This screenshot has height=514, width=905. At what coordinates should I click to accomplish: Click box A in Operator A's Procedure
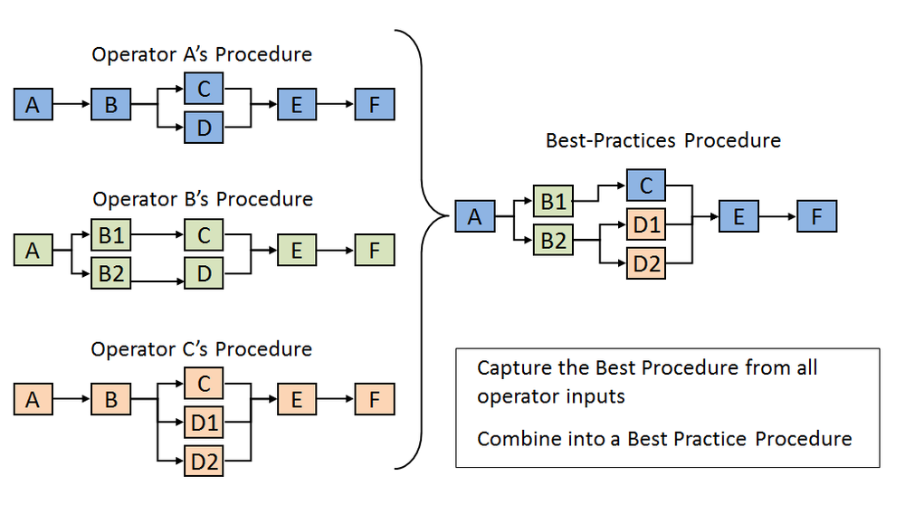click(x=33, y=106)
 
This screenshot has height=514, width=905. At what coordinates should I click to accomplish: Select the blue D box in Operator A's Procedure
click(x=204, y=128)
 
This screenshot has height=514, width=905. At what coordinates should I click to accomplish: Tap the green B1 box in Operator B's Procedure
click(x=110, y=236)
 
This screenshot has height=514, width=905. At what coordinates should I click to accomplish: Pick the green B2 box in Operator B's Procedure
click(x=110, y=273)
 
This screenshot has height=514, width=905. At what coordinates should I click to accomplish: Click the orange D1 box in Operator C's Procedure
click(x=204, y=423)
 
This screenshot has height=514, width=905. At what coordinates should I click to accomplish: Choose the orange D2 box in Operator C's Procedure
click(x=204, y=462)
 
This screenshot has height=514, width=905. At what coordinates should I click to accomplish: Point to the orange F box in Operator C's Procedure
click(x=375, y=398)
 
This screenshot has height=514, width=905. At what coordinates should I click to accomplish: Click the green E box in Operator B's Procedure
click(x=297, y=251)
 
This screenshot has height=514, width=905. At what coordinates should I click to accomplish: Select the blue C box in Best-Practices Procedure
click(x=646, y=186)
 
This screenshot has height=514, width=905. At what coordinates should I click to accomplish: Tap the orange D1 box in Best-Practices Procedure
click(x=646, y=224)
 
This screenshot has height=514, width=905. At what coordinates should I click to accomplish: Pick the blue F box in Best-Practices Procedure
click(x=816, y=217)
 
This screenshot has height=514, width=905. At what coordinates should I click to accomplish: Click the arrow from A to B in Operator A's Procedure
click(x=71, y=106)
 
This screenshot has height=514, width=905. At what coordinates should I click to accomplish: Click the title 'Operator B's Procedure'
click(x=203, y=199)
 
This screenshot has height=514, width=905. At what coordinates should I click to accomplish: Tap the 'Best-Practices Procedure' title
click(x=662, y=140)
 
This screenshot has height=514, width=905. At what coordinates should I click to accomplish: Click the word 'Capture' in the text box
click(x=510, y=368)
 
